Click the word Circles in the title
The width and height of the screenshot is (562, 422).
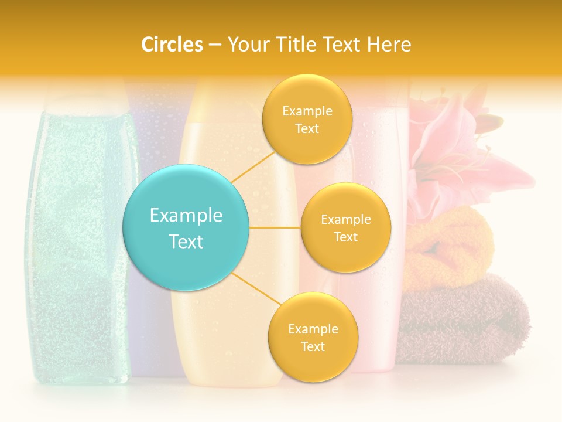point(172,45)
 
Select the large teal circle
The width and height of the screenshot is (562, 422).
point(186,227)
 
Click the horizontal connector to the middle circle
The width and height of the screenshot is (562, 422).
point(275,227)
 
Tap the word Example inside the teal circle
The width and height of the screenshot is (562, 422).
point(186,216)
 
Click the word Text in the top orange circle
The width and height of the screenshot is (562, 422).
point(307,129)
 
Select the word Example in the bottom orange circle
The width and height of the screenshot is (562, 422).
point(313,329)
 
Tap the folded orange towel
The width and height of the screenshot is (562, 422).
point(448,246)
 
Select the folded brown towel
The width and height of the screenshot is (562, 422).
point(462,319)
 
